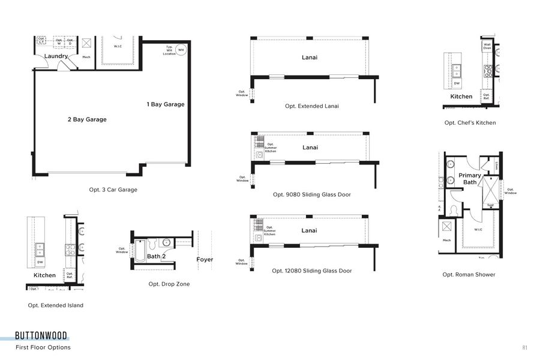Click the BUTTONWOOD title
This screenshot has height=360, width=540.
coord(41,335)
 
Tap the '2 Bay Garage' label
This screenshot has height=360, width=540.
coord(87,119)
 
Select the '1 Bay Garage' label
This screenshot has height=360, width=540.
coord(166,104)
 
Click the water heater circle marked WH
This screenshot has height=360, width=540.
coord(181,50)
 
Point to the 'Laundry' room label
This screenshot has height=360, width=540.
coord(56,56)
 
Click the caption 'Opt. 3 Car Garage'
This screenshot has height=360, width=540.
coord(113,190)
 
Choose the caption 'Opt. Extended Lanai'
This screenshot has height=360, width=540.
coord(312,106)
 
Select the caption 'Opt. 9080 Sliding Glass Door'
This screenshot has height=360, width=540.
coord(312,194)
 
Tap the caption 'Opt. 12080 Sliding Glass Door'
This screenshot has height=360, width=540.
coord(312,271)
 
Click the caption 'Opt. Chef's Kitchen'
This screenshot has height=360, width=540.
coord(470,123)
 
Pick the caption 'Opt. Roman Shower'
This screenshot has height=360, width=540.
coord(469,275)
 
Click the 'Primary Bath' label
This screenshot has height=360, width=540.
coord(470,179)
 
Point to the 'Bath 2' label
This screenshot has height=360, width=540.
coord(156,256)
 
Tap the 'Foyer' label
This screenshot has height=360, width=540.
coord(205,260)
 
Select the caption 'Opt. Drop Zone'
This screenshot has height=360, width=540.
coord(169,284)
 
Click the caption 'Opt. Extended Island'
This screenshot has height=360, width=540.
coord(55,305)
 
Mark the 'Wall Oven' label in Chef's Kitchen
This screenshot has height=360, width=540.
coord(487,46)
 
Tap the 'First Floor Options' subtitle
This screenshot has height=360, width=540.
coord(43,347)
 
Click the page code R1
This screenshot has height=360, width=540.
coord(524,347)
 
